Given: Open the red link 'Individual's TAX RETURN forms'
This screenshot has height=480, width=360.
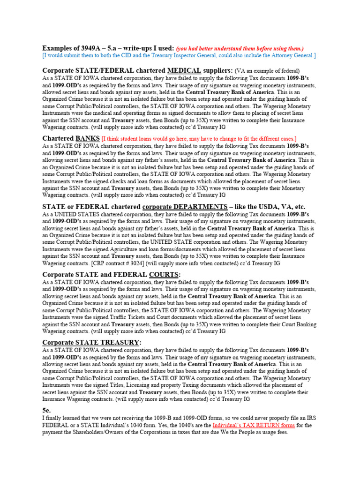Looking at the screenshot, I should coord(254,425).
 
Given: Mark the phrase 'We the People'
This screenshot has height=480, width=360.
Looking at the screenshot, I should coord(236,432).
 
